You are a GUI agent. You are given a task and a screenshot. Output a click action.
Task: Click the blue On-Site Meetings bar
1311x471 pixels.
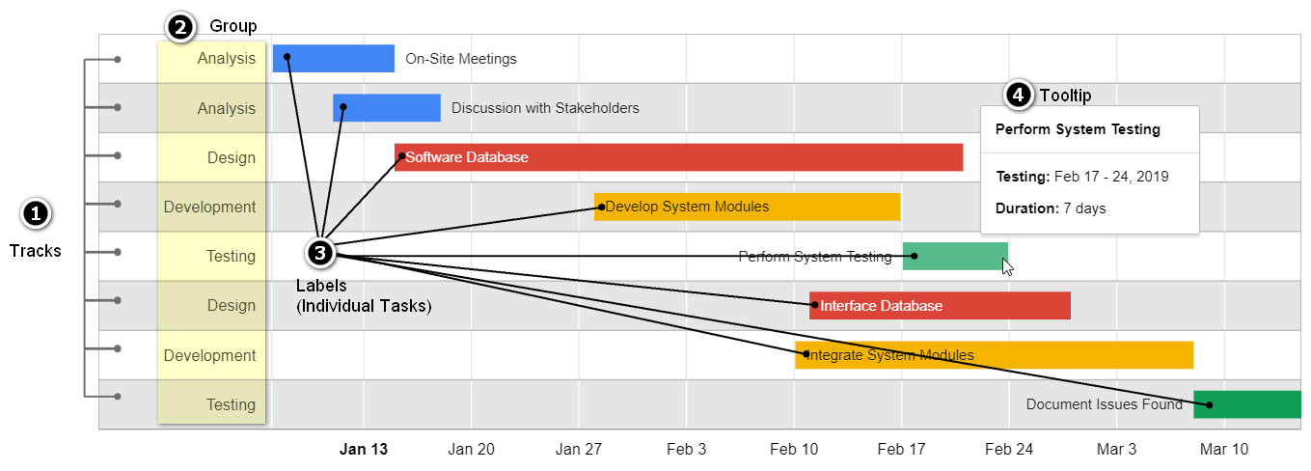(x=334, y=59)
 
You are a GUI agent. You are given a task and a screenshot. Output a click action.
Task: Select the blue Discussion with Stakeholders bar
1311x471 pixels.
(x=387, y=108)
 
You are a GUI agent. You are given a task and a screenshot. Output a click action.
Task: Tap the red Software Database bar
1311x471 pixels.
(x=679, y=157)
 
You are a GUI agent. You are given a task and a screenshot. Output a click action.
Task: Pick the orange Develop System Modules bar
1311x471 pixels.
(x=748, y=207)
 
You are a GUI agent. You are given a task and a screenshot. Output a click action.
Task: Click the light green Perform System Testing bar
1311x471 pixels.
(x=955, y=256)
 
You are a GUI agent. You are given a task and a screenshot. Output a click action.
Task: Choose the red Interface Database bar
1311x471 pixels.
(x=940, y=305)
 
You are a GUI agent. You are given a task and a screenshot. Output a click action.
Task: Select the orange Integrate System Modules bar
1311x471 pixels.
(x=995, y=355)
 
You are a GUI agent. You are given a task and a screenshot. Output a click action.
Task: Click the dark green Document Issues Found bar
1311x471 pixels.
(x=1247, y=404)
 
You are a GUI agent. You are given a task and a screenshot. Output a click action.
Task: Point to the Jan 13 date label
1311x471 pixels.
(x=364, y=450)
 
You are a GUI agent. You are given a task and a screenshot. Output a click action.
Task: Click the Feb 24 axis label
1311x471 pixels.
(x=1009, y=450)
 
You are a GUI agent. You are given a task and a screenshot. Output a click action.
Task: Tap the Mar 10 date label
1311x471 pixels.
(x=1224, y=450)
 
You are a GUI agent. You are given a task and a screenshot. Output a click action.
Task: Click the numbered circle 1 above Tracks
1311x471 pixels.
(x=35, y=214)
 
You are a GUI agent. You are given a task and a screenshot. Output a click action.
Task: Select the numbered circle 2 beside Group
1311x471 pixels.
(x=179, y=28)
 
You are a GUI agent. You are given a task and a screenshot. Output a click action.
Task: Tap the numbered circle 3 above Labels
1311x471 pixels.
(x=320, y=253)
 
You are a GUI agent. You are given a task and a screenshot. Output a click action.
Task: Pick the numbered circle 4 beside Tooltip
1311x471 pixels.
(x=1018, y=95)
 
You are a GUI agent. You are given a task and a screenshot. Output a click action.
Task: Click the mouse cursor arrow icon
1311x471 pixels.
(x=1007, y=266)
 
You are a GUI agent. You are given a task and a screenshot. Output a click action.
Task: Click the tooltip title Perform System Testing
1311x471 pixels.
(x=1078, y=129)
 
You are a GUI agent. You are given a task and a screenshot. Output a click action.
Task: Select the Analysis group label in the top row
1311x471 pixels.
(x=227, y=59)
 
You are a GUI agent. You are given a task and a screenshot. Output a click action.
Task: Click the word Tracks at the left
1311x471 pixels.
(x=35, y=251)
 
